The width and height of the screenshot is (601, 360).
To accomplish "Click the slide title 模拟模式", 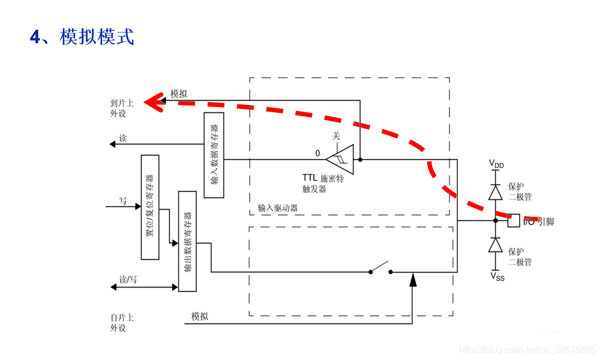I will pos(82,37).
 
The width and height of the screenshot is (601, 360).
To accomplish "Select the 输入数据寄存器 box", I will pos(213,155).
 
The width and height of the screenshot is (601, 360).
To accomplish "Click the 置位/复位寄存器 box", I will pos(150,207).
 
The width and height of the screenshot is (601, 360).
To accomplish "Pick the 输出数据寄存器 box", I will pos(187,241).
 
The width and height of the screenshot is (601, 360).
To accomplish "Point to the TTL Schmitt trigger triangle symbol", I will pos(341,159).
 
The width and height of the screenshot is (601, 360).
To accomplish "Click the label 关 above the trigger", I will pos(336,136).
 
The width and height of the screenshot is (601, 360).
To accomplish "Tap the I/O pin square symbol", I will pos(513,221).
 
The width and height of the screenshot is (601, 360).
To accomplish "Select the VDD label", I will pos(496,164).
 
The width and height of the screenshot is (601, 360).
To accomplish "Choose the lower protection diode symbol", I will pos(495,245).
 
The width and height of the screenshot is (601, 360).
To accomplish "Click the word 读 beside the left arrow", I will pos(123,138).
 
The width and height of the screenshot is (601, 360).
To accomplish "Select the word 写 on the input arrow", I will pos(123,200).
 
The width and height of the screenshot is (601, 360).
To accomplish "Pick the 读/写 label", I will pos(129,279).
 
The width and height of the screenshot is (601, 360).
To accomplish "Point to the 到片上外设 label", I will pos(122,108).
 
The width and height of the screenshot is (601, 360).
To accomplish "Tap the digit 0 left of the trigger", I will pos(318,153).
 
